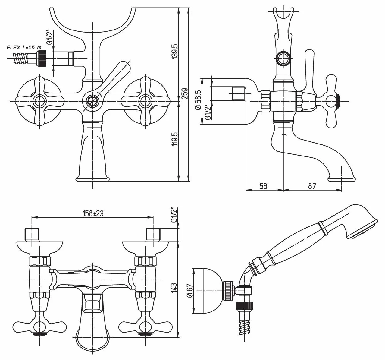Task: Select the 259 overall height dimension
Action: pos(185,94)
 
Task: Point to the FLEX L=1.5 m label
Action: pos(24,47)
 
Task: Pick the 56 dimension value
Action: pos(263,186)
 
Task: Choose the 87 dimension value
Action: pos(312,186)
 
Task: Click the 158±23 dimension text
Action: pos(93,213)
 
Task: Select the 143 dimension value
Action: pos(174,288)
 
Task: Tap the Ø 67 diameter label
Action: pos(190,290)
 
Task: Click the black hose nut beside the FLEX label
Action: pos(42,58)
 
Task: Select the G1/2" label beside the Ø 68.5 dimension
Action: pos(208,112)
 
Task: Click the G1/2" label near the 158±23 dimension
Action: pos(174,215)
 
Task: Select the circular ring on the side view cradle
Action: pos(283,58)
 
